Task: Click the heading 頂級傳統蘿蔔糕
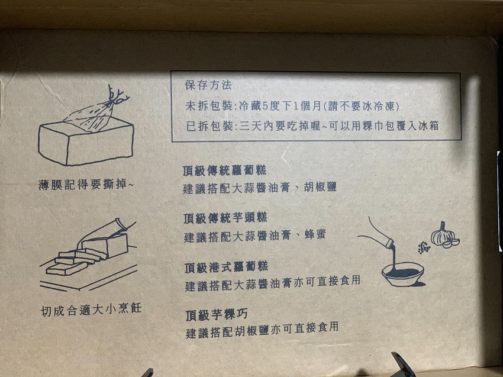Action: tap(225, 170)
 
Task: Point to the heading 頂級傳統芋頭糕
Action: tap(225, 218)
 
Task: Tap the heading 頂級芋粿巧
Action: tap(215, 312)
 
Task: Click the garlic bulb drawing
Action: tap(444, 234)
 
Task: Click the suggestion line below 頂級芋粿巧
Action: tap(261, 329)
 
